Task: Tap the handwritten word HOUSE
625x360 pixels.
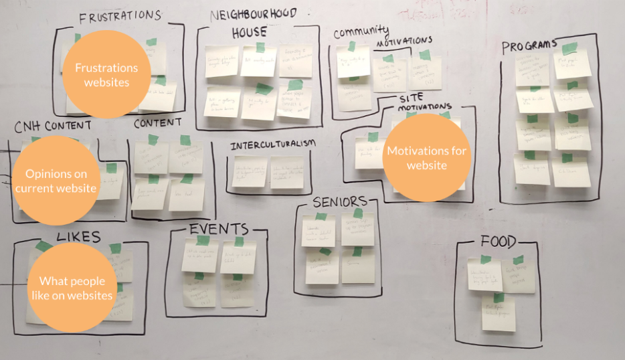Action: point(249,31)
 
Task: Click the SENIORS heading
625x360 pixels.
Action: point(340,201)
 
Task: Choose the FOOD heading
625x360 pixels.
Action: point(498,242)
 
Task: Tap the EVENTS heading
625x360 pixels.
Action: point(218,230)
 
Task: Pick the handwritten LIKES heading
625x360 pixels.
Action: point(78,236)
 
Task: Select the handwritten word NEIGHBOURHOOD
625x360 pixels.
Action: point(253,13)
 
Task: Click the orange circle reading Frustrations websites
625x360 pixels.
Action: point(106,75)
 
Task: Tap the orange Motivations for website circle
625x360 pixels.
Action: point(426,158)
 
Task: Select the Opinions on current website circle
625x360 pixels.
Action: point(56,181)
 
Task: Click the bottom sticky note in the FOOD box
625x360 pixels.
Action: point(499,313)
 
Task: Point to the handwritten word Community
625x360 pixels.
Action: point(361,31)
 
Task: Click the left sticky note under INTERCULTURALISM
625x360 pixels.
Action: point(250,172)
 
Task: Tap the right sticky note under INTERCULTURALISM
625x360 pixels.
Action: point(288,172)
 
